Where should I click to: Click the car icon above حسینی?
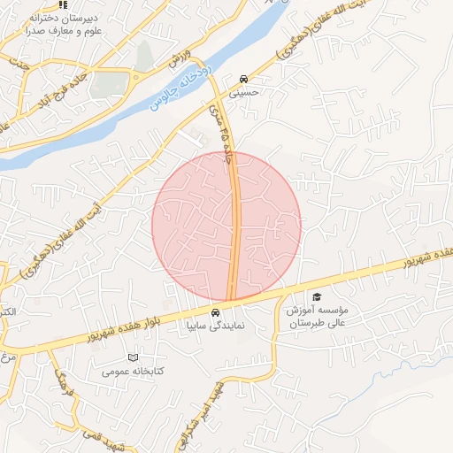[243, 78]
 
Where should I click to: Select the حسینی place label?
[243, 90]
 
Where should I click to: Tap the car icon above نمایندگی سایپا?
[215, 312]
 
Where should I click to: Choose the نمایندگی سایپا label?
[215, 325]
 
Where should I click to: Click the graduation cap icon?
[317, 297]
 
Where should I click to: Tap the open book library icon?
[133, 357]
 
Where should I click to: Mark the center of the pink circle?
[226, 226]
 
